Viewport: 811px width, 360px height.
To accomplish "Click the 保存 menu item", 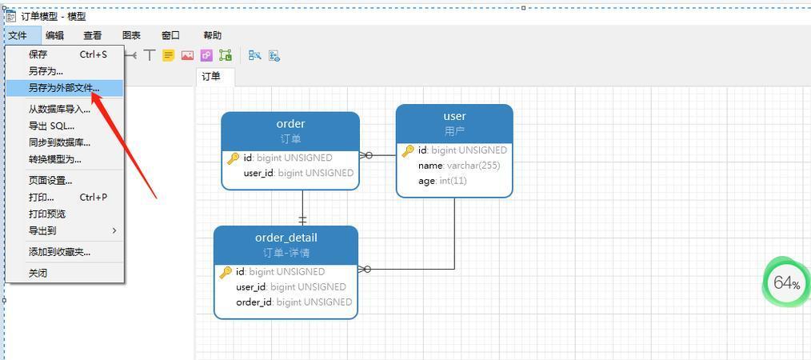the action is pyautogui.click(x=38, y=54).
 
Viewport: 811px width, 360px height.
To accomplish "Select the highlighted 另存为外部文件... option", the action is pyautogui.click(x=64, y=88).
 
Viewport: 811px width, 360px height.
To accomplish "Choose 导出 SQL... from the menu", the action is pyautogui.click(x=52, y=126).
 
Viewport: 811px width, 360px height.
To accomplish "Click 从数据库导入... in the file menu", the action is pyautogui.click(x=59, y=109).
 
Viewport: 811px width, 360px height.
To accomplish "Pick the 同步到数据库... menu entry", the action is pyautogui.click(x=59, y=142).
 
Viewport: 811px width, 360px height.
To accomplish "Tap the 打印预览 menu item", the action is pyautogui.click(x=47, y=214).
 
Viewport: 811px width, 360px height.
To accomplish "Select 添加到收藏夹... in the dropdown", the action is pyautogui.click(x=59, y=252).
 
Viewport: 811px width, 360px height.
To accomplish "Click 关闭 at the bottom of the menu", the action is pyautogui.click(x=38, y=273).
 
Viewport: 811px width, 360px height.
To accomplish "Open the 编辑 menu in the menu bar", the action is pyautogui.click(x=55, y=35).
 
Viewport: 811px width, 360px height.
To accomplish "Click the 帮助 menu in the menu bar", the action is pyautogui.click(x=213, y=35).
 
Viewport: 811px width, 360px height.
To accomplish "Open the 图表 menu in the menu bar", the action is pyautogui.click(x=131, y=35).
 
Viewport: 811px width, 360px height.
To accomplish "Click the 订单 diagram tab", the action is pyautogui.click(x=211, y=77).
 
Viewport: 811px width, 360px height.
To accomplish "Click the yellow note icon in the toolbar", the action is pyautogui.click(x=168, y=55).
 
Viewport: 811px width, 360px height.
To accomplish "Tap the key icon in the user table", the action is pyautogui.click(x=408, y=150).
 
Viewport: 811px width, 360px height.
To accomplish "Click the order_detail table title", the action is pyautogui.click(x=286, y=238).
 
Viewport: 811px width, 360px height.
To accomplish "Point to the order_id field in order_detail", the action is pyautogui.click(x=294, y=302).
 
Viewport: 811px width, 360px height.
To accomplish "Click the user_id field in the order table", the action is pyautogui.click(x=298, y=173).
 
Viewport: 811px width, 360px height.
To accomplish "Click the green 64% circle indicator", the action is pyautogui.click(x=786, y=282).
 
